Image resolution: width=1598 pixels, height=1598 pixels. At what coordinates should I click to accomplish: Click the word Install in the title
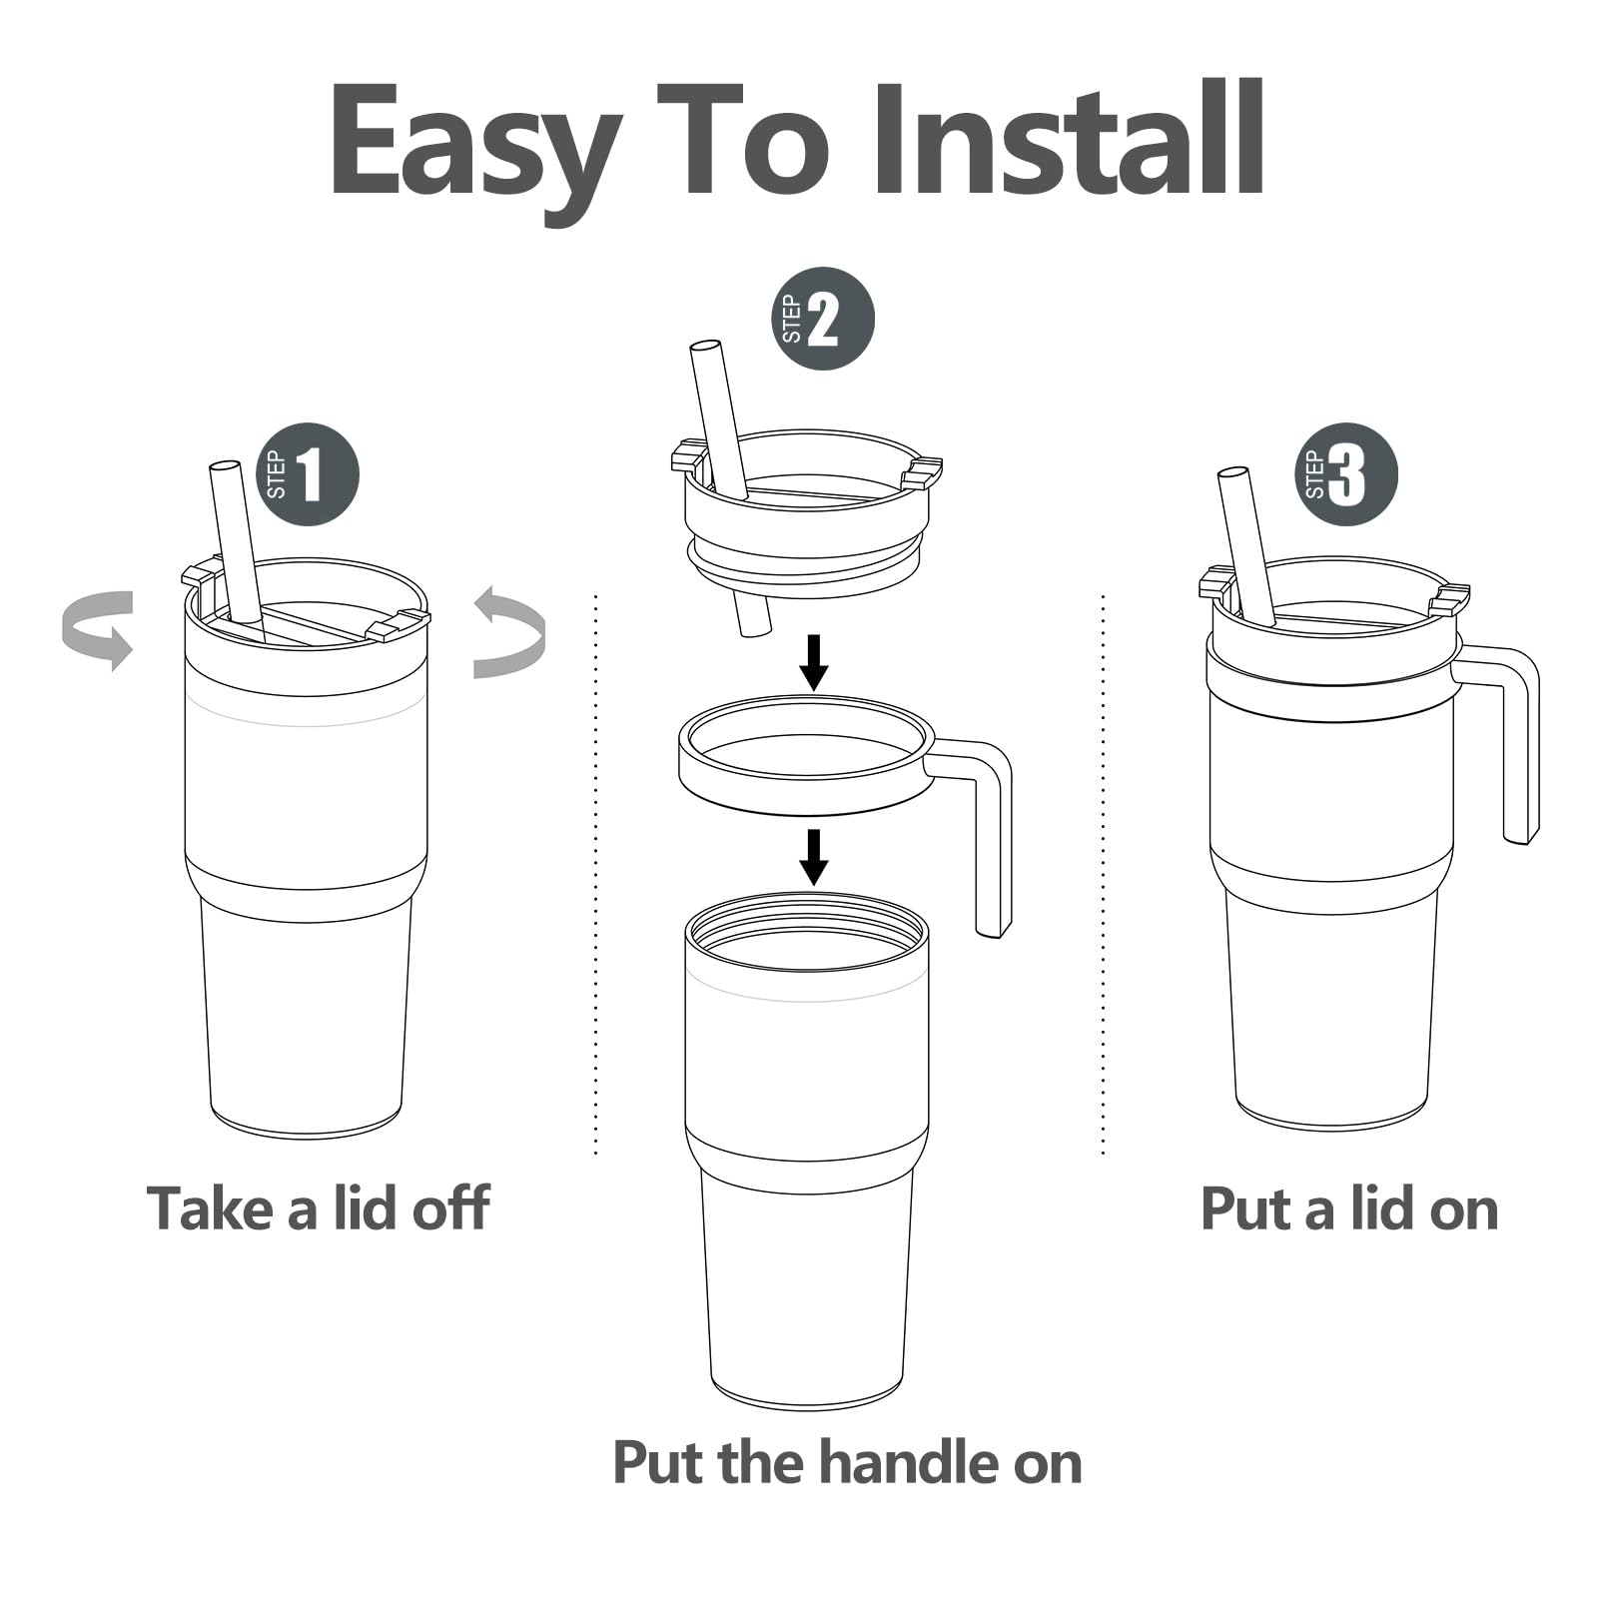[1069, 139]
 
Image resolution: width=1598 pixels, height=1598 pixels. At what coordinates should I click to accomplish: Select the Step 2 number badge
[824, 320]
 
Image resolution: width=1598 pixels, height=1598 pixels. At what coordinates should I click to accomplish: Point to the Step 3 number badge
[1346, 474]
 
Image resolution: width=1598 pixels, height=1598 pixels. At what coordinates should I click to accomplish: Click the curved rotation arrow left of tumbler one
[98, 629]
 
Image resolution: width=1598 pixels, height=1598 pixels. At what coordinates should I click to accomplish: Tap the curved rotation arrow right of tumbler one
[509, 633]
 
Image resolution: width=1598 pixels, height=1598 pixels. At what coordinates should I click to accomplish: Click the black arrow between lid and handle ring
[815, 662]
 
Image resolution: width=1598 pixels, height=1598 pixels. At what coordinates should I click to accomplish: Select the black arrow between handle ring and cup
[815, 857]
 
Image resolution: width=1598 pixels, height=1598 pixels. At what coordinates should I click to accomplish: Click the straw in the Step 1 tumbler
[236, 544]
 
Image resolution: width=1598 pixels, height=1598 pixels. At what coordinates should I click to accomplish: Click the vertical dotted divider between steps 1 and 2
[596, 875]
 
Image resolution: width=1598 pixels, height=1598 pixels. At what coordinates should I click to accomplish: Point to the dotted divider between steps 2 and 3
[1104, 875]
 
